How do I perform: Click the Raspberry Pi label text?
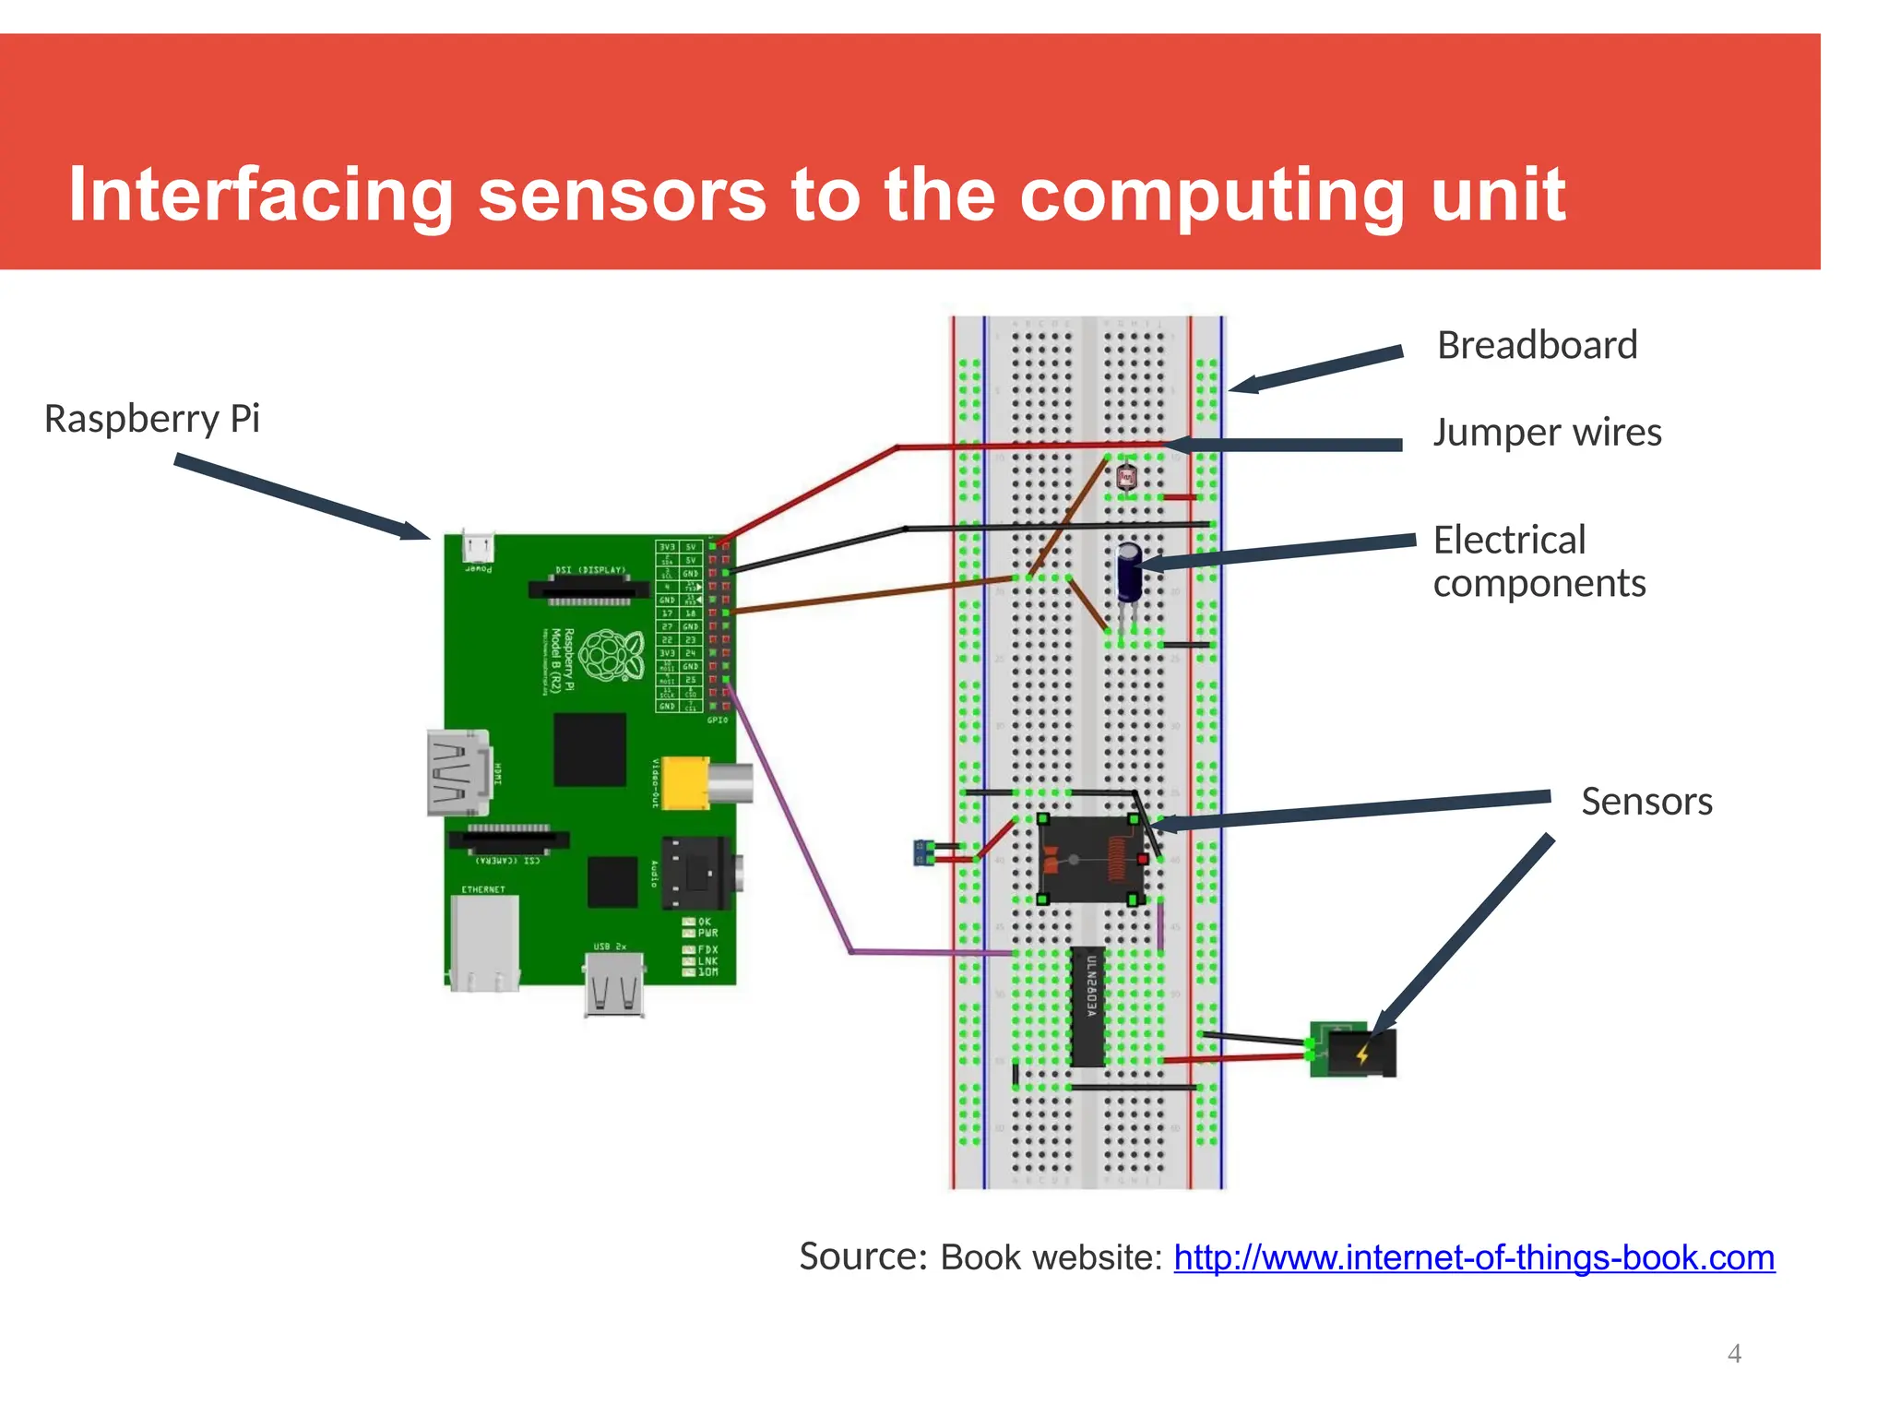coord(152,420)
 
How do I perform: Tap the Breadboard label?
coord(1537,346)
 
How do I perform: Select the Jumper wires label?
coord(1547,433)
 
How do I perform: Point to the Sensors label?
coord(1646,802)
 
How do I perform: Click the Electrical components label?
coord(1539,562)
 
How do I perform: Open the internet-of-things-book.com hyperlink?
coord(1473,1258)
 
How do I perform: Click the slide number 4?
coord(1734,1353)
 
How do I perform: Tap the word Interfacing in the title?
coord(261,196)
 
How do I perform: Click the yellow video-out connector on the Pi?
coord(685,783)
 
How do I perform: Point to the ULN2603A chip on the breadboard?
coord(1087,1006)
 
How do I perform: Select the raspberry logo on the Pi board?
coord(610,655)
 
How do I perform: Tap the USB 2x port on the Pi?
coord(614,984)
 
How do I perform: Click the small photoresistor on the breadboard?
coord(1126,477)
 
